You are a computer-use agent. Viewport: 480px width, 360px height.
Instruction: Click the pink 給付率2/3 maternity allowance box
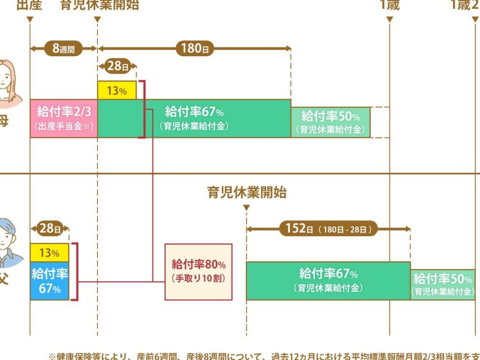coord(64,119)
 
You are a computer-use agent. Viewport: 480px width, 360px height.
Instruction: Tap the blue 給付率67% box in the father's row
coord(50,281)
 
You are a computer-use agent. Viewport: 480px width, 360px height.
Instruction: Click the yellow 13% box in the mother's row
coord(117,90)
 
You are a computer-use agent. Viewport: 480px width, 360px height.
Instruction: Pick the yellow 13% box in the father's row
coord(50,253)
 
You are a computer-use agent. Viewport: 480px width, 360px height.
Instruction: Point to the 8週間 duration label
coord(63,49)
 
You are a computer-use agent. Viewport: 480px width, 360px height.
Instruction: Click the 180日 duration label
coord(195,49)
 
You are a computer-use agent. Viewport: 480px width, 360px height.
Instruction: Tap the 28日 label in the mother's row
coord(117,67)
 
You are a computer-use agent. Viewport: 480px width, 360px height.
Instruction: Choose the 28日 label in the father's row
coord(50,229)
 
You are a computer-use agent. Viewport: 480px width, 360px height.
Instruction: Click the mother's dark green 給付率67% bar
coord(194,119)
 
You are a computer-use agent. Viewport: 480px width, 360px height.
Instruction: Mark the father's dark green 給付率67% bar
coord(328,280)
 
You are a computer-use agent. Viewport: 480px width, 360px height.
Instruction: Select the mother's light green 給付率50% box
coord(330,122)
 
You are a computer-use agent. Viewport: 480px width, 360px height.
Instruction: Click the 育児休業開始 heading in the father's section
coord(247,192)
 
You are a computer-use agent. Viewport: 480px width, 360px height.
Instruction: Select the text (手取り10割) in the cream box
coord(198,278)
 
